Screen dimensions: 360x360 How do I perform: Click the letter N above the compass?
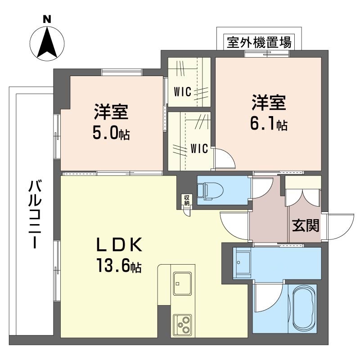click(47, 19)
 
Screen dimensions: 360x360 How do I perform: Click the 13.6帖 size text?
click(118, 266)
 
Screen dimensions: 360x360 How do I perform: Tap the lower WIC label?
click(198, 148)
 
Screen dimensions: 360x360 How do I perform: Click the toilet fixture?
click(212, 191)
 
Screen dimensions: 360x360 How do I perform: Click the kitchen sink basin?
click(182, 283)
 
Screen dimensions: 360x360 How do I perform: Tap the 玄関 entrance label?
click(306, 225)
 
